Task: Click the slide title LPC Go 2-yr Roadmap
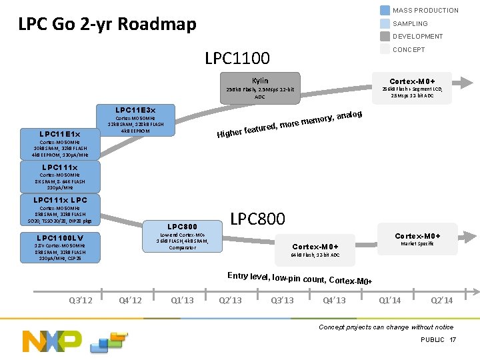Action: [107, 25]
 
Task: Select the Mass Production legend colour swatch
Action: [385, 10]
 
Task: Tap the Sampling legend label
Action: [410, 23]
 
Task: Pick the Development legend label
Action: [417, 37]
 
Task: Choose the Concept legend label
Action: [409, 49]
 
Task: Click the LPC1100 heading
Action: [237, 58]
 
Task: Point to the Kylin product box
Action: [259, 88]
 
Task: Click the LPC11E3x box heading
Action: [135, 110]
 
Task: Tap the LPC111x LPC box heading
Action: [60, 200]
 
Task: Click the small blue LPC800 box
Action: [182, 236]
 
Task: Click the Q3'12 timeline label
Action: [81, 300]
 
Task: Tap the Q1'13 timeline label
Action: [182, 300]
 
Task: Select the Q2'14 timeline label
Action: [441, 300]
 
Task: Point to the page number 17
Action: [453, 340]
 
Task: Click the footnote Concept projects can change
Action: [385, 327]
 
